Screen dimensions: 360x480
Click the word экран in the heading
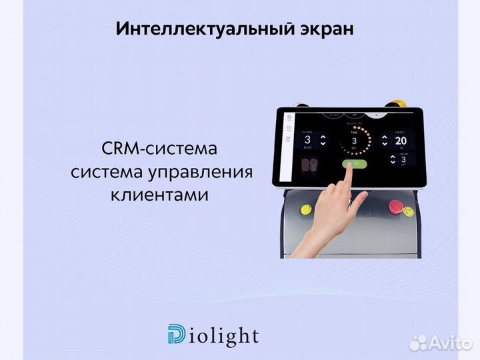click(x=325, y=30)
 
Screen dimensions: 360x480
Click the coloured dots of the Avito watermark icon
click(x=418, y=343)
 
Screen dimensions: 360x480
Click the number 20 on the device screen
click(x=401, y=141)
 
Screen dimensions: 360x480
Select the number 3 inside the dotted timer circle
click(x=354, y=141)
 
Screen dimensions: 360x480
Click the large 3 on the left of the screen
click(x=307, y=140)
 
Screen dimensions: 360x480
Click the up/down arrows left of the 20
click(x=385, y=140)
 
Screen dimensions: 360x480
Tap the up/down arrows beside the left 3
click(x=323, y=141)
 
